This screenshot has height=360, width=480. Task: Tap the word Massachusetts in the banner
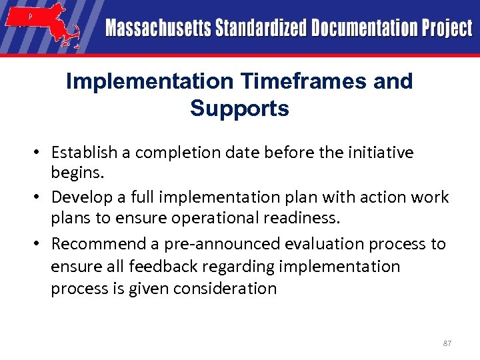click(156, 29)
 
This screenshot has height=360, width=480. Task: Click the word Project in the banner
click(447, 29)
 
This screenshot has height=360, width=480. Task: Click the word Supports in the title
click(239, 108)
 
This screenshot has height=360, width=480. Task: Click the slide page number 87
click(447, 343)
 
